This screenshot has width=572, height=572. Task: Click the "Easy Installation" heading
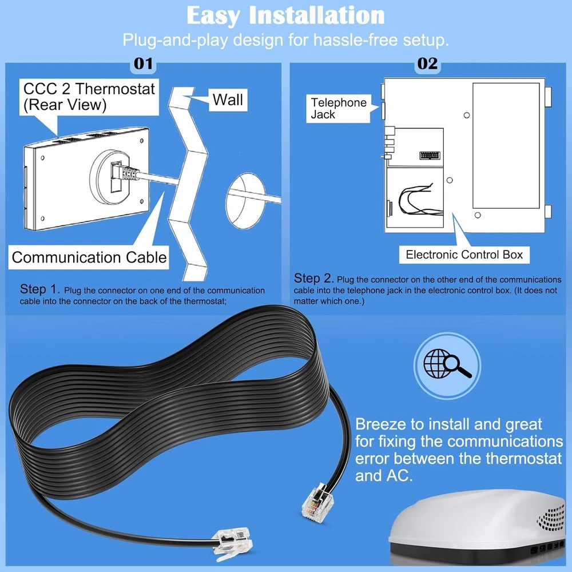click(x=285, y=15)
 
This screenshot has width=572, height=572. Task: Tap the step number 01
click(x=143, y=64)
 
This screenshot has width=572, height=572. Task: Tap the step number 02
click(x=427, y=64)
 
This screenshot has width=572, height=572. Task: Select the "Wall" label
click(x=228, y=100)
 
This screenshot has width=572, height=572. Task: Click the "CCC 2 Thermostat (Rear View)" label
click(x=89, y=97)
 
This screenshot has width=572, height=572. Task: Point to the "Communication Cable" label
click(x=89, y=257)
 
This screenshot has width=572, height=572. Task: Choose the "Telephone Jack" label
click(x=338, y=108)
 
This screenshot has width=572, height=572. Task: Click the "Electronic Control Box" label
click(x=464, y=255)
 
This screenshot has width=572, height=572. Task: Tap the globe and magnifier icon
click(x=447, y=365)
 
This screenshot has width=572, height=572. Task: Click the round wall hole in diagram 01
click(x=245, y=201)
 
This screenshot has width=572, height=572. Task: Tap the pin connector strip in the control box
click(x=430, y=156)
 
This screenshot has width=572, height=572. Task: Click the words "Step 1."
click(x=40, y=289)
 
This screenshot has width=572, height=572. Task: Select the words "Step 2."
click(x=313, y=279)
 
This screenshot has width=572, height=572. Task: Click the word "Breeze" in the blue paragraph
click(x=380, y=424)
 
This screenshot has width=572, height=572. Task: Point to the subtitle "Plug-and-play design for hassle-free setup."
click(x=285, y=40)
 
